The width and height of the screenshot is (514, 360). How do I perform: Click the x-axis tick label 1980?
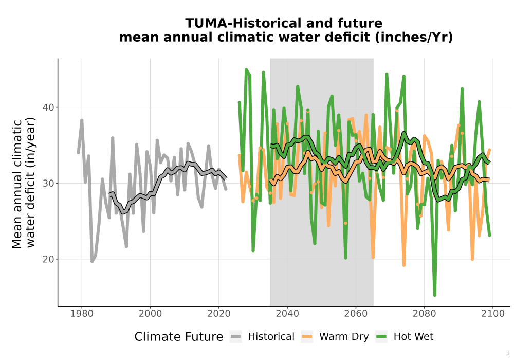[x=82, y=314]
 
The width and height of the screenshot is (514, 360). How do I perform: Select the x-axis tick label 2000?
[x=150, y=314]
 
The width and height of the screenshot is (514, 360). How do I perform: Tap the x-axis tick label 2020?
[x=218, y=314]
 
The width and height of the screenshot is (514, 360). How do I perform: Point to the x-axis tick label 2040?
[x=287, y=314]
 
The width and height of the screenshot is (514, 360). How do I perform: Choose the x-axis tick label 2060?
[x=356, y=314]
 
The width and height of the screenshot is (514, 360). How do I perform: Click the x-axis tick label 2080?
[x=424, y=314]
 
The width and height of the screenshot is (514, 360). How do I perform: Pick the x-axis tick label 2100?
[x=493, y=314]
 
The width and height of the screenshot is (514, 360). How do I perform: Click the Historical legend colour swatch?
[x=236, y=337]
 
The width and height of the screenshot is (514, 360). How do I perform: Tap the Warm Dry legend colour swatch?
[x=307, y=337]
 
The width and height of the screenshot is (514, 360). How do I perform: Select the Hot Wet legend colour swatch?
[x=381, y=337]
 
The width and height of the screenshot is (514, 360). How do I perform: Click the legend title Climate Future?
[x=179, y=337]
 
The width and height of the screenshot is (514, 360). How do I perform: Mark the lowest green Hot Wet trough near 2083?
[x=435, y=295]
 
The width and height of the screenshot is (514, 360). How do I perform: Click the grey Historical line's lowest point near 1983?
[x=92, y=261]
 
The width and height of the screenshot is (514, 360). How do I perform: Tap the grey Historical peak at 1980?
[x=82, y=120]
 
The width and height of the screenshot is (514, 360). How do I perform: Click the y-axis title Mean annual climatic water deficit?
[x=23, y=183]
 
